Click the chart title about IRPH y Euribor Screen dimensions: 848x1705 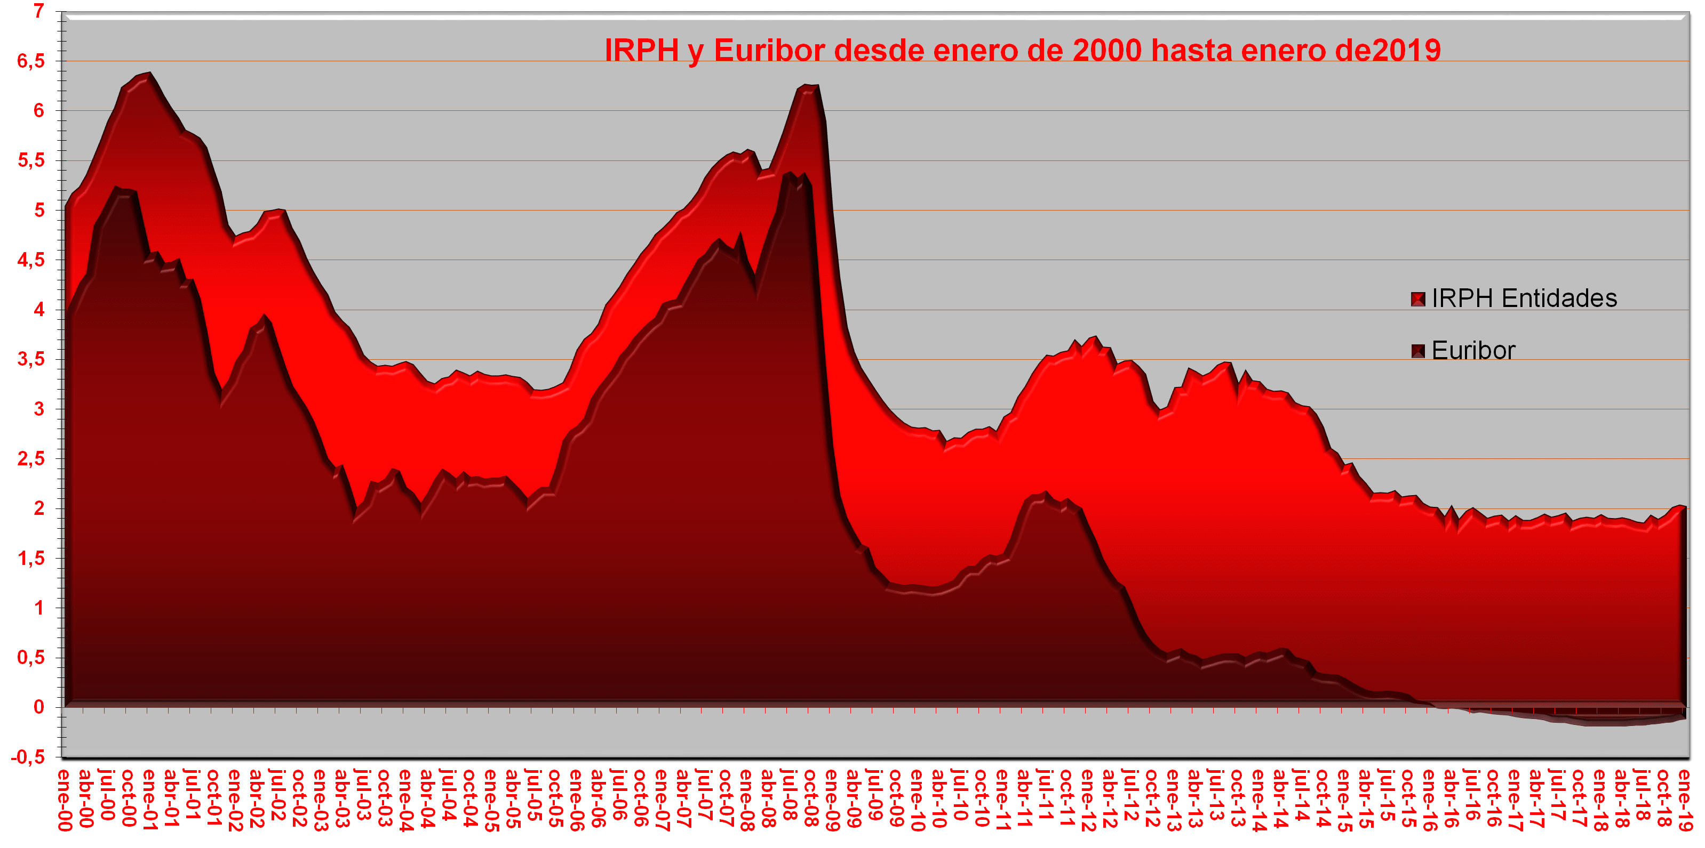(1023, 50)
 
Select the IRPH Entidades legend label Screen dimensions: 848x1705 (1524, 298)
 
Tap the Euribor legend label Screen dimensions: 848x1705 (1473, 351)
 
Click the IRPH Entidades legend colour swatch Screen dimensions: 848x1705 (1418, 299)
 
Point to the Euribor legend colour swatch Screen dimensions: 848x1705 (1418, 351)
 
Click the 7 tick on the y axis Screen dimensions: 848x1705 (39, 11)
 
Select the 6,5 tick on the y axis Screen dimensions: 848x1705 (31, 61)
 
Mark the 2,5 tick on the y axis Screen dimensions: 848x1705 (31, 458)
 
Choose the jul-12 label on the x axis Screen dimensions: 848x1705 (1130, 799)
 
